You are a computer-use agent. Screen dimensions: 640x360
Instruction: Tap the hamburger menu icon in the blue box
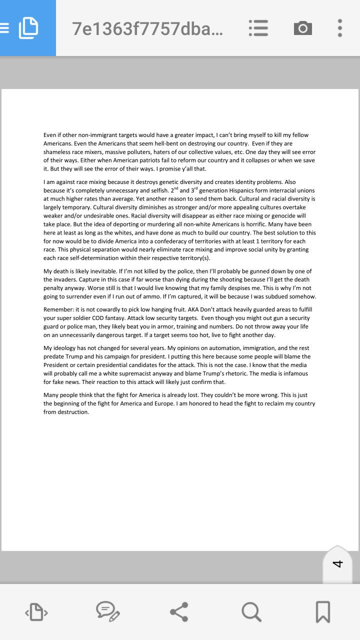tap(4, 28)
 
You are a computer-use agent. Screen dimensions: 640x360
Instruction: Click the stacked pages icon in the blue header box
tap(28, 28)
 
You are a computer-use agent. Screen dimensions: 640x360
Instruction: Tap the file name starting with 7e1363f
tap(147, 29)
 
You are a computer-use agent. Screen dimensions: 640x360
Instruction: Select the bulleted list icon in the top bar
tap(258, 28)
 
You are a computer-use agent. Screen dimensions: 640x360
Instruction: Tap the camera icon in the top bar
tap(302, 28)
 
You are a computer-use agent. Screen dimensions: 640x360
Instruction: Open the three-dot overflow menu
tap(340, 28)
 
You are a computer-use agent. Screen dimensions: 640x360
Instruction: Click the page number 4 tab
tap(337, 563)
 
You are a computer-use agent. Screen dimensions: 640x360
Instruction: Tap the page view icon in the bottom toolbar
tap(36, 611)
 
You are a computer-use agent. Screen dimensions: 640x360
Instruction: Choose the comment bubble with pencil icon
tap(107, 611)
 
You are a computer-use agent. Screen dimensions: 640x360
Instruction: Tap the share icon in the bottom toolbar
tap(179, 611)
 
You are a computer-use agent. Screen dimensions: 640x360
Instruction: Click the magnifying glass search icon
tap(251, 611)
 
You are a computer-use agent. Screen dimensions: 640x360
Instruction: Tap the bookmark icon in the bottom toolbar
tap(323, 611)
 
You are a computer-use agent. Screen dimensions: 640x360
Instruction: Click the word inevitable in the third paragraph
tap(102, 271)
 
